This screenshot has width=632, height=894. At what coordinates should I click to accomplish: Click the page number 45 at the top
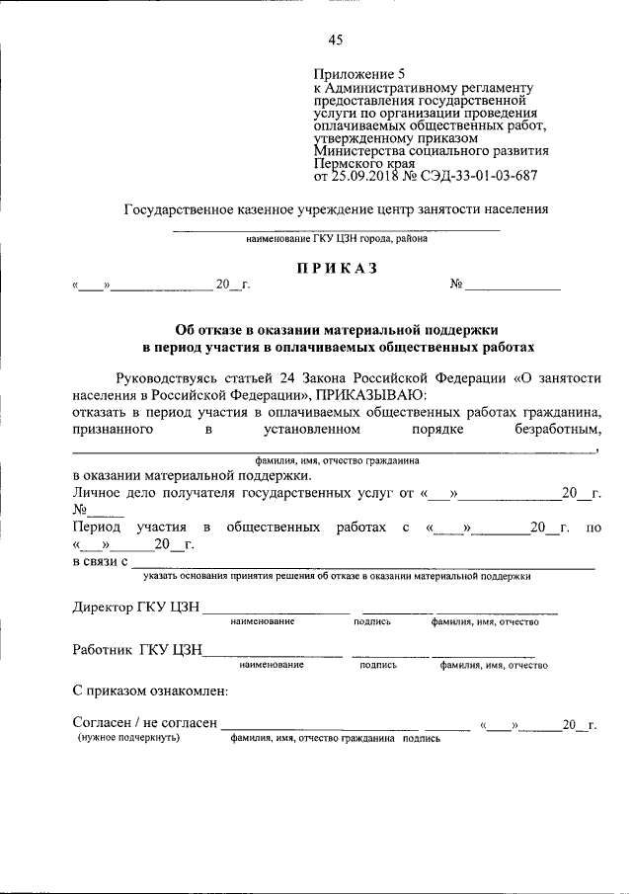(336, 41)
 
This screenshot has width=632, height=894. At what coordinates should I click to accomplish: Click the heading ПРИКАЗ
(336, 269)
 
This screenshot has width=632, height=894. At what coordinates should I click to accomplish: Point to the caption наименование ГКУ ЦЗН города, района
(337, 239)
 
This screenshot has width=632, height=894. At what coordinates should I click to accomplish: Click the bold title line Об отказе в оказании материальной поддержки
(337, 329)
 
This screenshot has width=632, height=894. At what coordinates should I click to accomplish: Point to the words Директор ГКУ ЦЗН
(136, 607)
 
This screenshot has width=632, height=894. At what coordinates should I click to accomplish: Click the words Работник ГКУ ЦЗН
(137, 650)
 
